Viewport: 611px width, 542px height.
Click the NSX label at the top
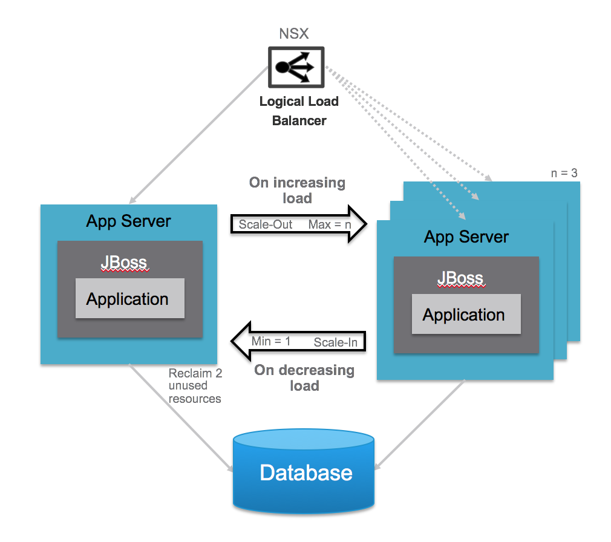293,34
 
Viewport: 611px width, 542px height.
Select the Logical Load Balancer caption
299,111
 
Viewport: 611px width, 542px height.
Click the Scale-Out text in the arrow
266,224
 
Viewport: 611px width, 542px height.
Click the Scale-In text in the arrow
335,342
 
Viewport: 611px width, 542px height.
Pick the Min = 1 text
271,341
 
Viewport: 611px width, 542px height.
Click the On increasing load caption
297,190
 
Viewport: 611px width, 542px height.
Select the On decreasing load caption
304,377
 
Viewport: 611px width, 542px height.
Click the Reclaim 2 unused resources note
195,386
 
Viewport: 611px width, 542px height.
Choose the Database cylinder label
305,472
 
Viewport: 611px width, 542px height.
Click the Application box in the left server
129,299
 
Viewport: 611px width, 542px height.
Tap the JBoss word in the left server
124,263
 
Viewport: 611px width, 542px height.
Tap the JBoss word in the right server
460,278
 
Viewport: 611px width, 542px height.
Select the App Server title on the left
128,221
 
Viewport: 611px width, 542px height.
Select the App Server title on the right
466,237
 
